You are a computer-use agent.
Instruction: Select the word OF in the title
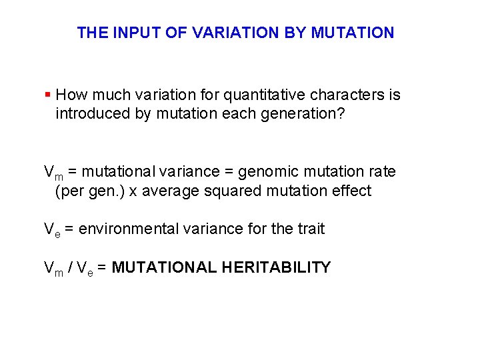click(176, 32)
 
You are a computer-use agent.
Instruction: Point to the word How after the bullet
click(71, 95)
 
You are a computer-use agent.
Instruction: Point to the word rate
click(381, 171)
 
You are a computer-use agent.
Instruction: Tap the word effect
click(351, 191)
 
